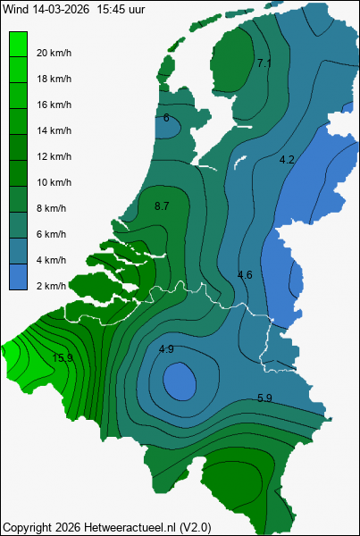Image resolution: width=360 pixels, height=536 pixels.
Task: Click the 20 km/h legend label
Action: pos(54,53)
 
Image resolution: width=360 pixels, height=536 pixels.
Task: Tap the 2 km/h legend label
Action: pos(51,286)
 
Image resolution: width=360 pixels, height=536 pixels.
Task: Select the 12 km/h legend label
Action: pos(54,156)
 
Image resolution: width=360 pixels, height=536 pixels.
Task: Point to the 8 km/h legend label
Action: pos(51,208)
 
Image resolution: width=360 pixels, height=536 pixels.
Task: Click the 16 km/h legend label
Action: pos(54,105)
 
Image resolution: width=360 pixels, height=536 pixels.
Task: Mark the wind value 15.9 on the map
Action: pos(63,358)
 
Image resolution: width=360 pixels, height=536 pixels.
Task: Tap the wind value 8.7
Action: pos(162,206)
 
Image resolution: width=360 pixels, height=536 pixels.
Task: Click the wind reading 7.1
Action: pos(264,63)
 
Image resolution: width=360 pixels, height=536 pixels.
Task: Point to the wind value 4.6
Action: pos(245,274)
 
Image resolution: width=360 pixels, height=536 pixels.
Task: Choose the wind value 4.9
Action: pos(166,348)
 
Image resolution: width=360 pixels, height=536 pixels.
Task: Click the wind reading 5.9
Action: pos(264,398)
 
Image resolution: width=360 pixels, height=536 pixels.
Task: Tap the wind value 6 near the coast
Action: pos(166,117)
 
